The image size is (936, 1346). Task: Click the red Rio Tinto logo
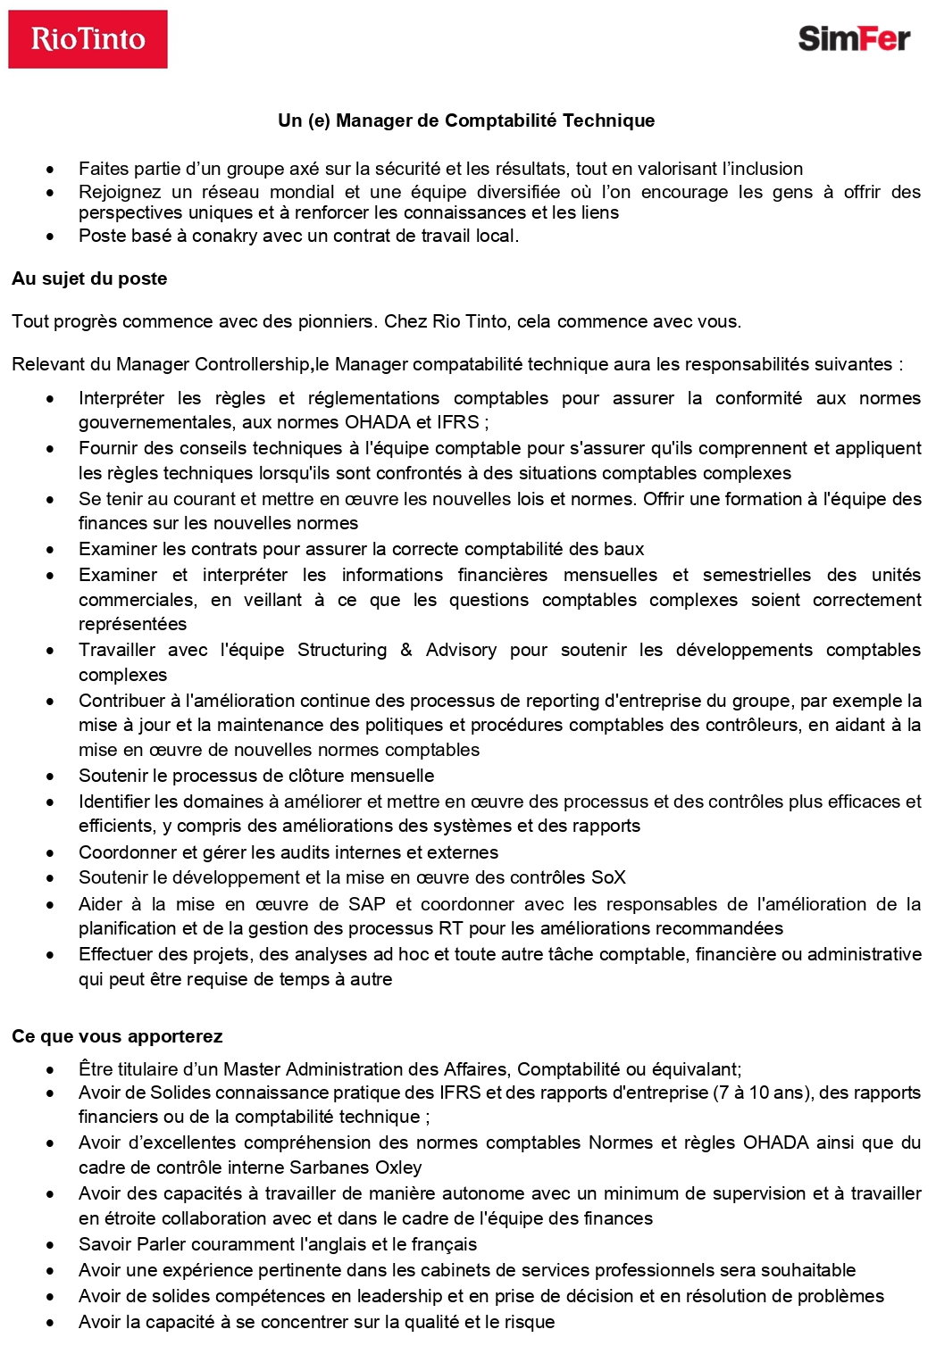tap(88, 39)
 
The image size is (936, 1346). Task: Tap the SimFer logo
tap(853, 38)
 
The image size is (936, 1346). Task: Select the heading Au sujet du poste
tap(89, 278)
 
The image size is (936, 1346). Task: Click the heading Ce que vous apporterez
tap(117, 1036)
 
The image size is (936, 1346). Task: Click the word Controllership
tap(252, 364)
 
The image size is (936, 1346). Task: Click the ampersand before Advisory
tap(406, 650)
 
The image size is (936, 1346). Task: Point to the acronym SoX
tap(608, 877)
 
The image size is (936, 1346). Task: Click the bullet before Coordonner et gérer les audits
tap(51, 853)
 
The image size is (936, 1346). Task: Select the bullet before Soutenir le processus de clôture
tap(51, 777)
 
